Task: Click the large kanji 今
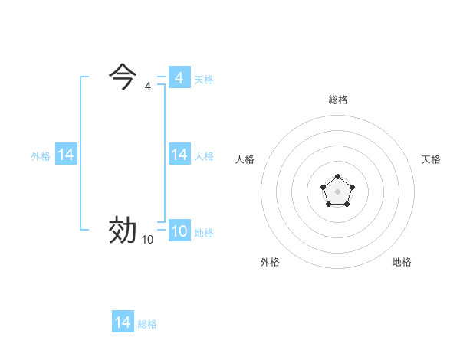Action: click(x=123, y=77)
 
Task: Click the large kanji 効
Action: click(x=123, y=230)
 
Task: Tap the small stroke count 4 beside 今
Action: click(x=148, y=87)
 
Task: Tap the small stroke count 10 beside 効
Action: click(x=147, y=240)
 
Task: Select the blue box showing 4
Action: click(x=179, y=78)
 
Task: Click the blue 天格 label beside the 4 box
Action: click(x=204, y=79)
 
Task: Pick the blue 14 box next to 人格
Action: click(x=179, y=155)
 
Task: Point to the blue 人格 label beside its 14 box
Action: click(x=204, y=155)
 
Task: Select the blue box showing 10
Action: click(x=179, y=231)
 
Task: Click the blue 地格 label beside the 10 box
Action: click(x=204, y=232)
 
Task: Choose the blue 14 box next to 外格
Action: click(x=66, y=155)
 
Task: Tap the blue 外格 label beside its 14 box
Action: click(x=41, y=155)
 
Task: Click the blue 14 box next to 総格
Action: click(x=123, y=322)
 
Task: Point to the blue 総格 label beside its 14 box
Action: click(x=147, y=323)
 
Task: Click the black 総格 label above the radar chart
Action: click(x=338, y=100)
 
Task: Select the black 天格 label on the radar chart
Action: click(x=431, y=159)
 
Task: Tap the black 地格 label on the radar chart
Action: click(x=402, y=262)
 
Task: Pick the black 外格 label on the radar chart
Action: click(x=270, y=262)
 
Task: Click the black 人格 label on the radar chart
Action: click(x=245, y=159)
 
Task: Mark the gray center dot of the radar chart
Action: click(x=338, y=190)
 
